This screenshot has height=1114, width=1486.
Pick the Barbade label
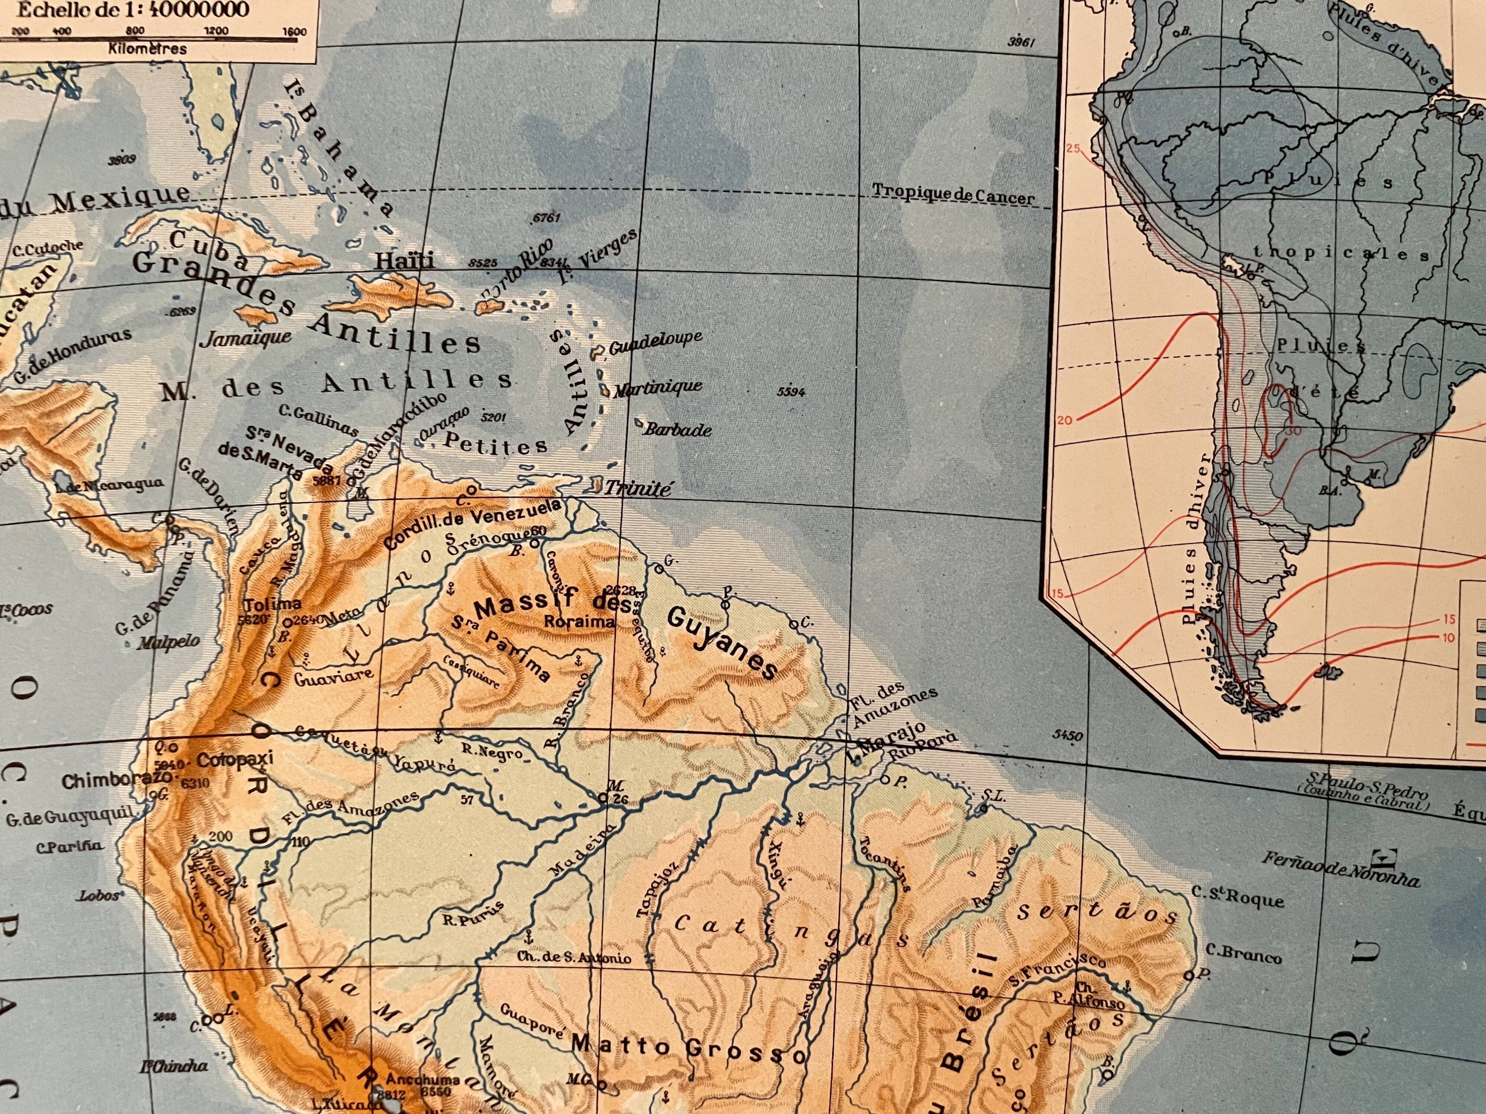[x=677, y=430]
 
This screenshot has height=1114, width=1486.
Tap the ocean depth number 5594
[x=791, y=391]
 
